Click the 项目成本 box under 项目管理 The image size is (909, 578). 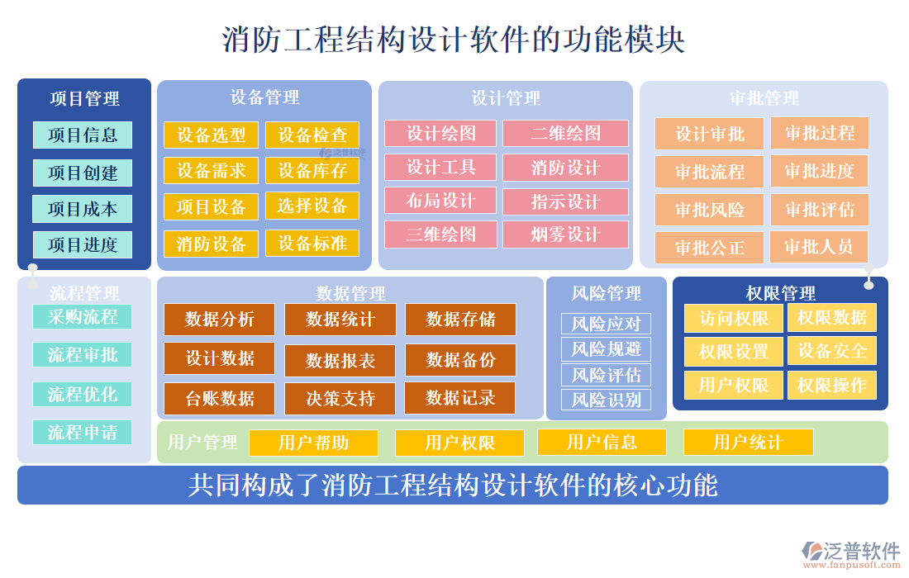(82, 209)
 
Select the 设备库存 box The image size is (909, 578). (312, 171)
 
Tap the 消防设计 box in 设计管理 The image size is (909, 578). (565, 168)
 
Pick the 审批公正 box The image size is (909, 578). (709, 247)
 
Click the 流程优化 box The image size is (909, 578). (82, 394)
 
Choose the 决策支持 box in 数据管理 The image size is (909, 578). (340, 399)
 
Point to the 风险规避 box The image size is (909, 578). (606, 348)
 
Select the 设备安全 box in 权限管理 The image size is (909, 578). (831, 351)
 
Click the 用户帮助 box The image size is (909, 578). (313, 443)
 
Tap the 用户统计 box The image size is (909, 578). (748, 443)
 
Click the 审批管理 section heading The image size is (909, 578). (764, 98)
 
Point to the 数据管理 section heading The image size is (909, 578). (350, 293)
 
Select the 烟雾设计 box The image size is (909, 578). (565, 235)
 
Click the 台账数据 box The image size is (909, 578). (219, 399)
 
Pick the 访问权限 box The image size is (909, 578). (733, 318)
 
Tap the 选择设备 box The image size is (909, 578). (312, 206)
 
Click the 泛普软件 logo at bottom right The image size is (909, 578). (850, 552)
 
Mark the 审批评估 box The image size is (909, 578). (819, 210)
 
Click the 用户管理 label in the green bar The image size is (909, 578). (202, 443)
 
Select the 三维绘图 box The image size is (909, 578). (440, 235)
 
